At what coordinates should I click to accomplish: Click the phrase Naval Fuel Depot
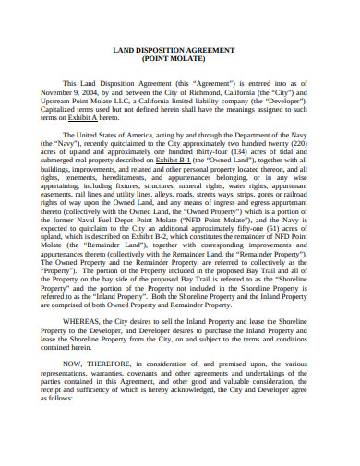[144, 228]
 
